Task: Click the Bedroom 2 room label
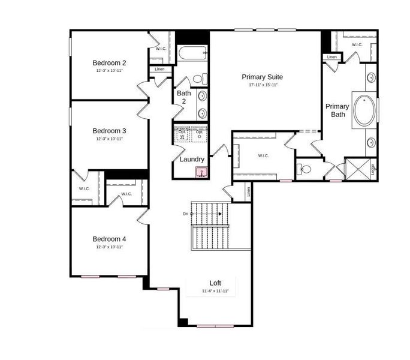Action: click(108, 62)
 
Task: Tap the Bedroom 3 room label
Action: click(108, 130)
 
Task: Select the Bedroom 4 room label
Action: click(108, 238)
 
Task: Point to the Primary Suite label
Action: click(262, 77)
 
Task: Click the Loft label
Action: click(215, 283)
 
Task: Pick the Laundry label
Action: click(192, 159)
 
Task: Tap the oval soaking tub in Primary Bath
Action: click(365, 110)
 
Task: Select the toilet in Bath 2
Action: click(201, 79)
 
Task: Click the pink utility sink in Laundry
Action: click(201, 173)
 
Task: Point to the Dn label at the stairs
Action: click(186, 214)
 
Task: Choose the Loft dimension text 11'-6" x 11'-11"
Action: click(215, 291)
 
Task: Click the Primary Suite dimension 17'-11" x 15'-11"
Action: click(262, 85)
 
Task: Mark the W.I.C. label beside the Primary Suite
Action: click(263, 156)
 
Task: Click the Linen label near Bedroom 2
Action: click(159, 70)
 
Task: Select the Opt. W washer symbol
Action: click(182, 134)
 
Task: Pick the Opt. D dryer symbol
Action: click(200, 134)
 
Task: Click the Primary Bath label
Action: click(337, 110)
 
